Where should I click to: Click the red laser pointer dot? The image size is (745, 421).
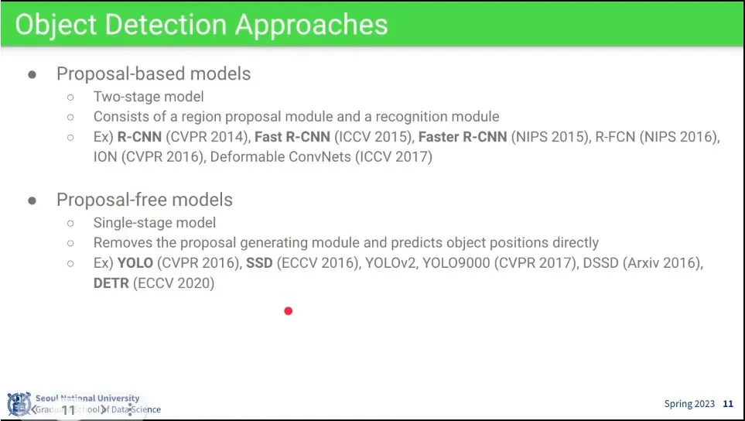click(x=288, y=311)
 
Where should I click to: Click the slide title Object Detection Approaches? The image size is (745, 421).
click(x=201, y=25)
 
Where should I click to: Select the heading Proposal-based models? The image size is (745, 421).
click(x=153, y=74)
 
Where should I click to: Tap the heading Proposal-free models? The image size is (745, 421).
click(x=145, y=200)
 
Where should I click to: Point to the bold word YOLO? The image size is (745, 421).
click(x=135, y=263)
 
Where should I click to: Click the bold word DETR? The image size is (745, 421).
click(x=111, y=283)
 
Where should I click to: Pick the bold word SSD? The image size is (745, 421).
click(x=259, y=263)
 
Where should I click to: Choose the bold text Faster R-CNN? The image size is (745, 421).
click(x=463, y=137)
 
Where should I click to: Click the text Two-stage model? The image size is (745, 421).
click(x=149, y=97)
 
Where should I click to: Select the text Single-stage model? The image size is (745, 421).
click(x=155, y=222)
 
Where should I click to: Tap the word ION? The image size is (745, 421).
click(x=105, y=157)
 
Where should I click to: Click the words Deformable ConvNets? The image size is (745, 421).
click(x=280, y=157)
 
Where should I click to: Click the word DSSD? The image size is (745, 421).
click(x=600, y=263)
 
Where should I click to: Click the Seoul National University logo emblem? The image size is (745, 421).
click(x=19, y=405)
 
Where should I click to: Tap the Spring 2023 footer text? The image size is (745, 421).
click(x=689, y=404)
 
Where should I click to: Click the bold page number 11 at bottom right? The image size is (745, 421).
click(x=728, y=404)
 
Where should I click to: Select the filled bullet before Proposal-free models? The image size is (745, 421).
click(x=32, y=200)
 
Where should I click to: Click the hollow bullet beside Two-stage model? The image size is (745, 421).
click(x=71, y=98)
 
